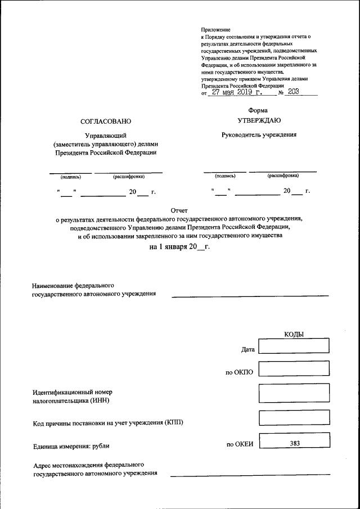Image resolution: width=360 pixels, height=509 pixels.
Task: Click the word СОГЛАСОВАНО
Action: point(105,121)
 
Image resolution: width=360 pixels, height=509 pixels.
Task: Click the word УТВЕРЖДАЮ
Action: point(259,120)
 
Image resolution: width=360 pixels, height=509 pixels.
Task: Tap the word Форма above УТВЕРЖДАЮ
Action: point(258,110)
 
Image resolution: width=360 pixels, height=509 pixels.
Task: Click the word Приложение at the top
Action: point(216,29)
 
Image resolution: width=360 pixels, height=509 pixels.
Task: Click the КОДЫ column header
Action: point(294,334)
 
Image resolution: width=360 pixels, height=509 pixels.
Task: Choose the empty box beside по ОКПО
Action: point(294,369)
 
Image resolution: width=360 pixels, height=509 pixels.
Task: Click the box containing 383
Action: point(294,443)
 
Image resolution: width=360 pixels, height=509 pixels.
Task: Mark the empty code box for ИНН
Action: point(294,393)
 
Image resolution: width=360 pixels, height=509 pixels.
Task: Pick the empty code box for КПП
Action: point(294,418)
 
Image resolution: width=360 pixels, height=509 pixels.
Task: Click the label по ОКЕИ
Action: point(240,444)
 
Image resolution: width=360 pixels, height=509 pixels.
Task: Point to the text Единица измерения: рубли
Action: point(71,446)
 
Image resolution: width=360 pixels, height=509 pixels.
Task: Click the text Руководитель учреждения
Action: point(259,134)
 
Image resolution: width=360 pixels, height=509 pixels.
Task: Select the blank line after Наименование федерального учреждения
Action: point(250,295)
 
